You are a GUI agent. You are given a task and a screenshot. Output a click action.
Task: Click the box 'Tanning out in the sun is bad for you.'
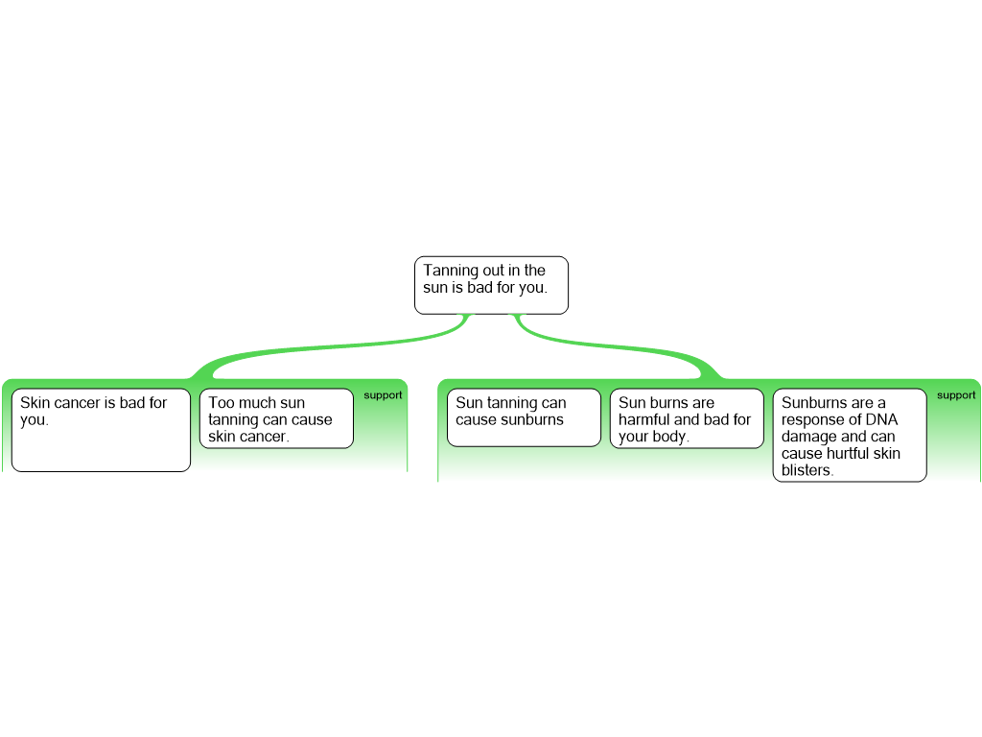(491, 285)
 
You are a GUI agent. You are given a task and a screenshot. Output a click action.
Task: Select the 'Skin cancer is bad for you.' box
(101, 430)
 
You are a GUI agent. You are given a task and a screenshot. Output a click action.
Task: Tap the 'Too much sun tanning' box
(276, 418)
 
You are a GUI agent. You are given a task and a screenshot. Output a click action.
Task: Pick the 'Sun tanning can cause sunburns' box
(524, 417)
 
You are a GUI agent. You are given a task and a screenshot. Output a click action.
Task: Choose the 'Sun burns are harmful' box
(687, 418)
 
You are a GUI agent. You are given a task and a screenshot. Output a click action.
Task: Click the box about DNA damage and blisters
(850, 435)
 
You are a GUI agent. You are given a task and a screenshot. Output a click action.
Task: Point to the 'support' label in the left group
(383, 395)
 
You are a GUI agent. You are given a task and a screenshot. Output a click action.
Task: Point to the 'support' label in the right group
(956, 395)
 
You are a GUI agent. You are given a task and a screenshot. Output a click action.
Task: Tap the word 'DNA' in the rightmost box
(882, 419)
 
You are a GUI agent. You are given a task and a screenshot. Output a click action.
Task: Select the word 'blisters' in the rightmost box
(806, 470)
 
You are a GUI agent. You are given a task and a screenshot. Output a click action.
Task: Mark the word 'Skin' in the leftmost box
(35, 402)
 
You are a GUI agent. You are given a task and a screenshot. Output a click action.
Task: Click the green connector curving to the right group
(617, 346)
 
